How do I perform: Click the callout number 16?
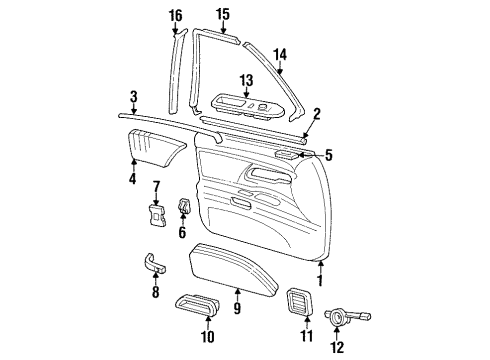point(175,15)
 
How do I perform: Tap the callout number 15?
point(222,13)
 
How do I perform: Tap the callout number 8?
point(154,293)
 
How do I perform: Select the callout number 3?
point(133,97)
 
